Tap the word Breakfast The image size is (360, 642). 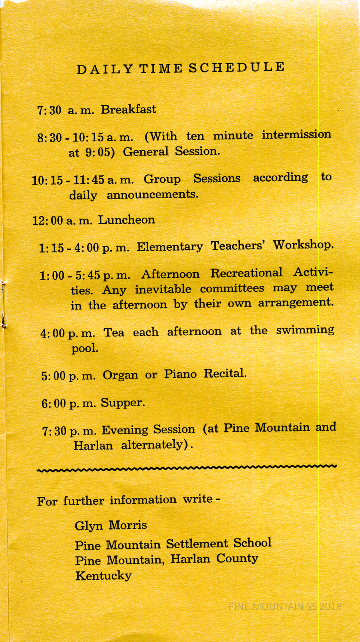[x=128, y=110]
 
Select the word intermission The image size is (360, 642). [x=296, y=134]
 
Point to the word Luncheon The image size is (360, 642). [x=127, y=220]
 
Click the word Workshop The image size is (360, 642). [x=303, y=245]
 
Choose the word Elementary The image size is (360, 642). [x=170, y=247]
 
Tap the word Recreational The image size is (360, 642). [x=246, y=273]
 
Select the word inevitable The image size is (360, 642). [x=163, y=289]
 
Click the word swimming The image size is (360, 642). [x=305, y=330]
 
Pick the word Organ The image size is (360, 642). [x=120, y=375]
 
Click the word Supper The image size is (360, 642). [x=123, y=402]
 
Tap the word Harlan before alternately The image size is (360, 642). [x=93, y=445]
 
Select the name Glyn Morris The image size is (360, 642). [x=111, y=525]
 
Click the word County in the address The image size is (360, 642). [x=237, y=559]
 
